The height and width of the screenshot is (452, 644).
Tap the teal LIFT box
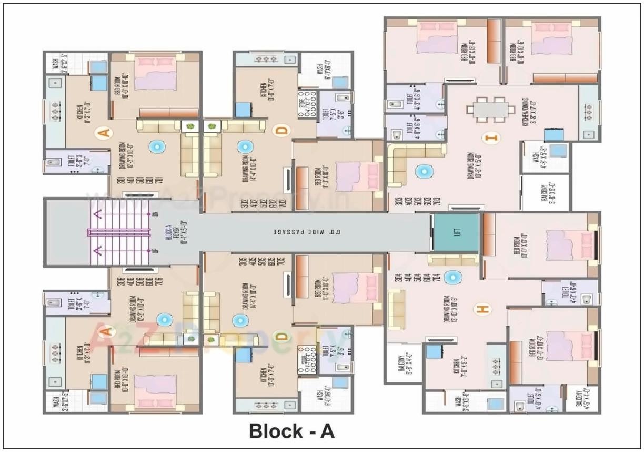pyautogui.click(x=455, y=232)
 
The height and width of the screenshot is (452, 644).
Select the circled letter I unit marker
pyautogui.click(x=492, y=138)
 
